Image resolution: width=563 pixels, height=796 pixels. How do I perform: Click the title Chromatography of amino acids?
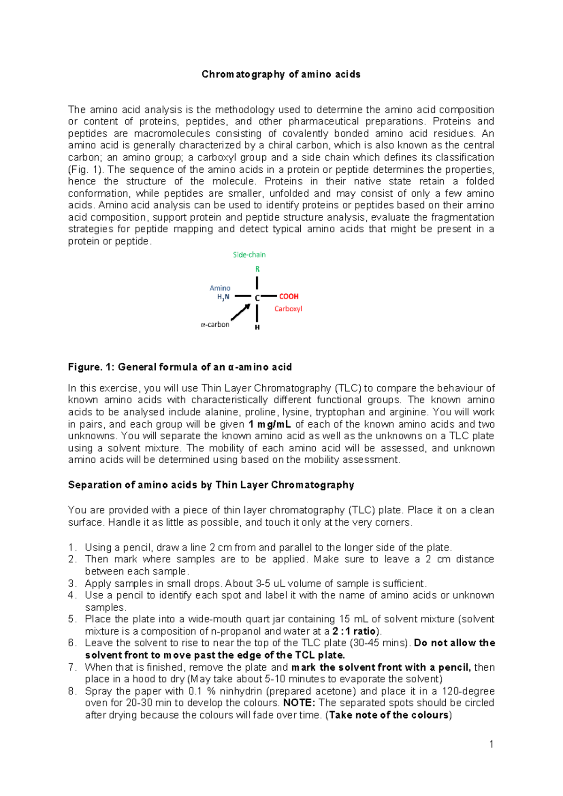(x=281, y=74)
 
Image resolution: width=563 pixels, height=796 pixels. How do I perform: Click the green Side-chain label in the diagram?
(x=249, y=255)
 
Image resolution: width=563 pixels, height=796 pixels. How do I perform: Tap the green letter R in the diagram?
(x=257, y=269)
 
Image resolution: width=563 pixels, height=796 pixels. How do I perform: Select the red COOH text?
(x=289, y=297)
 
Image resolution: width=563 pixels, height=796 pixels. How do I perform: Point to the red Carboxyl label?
(x=288, y=309)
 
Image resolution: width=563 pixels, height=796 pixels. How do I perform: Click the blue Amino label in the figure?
(x=220, y=288)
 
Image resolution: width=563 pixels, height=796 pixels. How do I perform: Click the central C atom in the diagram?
(x=257, y=298)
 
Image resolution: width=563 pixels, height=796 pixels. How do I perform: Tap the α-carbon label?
(x=215, y=324)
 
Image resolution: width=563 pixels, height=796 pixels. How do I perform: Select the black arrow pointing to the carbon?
(x=241, y=312)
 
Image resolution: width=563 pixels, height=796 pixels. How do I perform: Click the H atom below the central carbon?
(x=257, y=327)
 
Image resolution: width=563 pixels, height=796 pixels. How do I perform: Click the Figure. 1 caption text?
(x=180, y=367)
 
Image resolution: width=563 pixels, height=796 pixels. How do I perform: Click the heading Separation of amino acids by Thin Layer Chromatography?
(x=211, y=485)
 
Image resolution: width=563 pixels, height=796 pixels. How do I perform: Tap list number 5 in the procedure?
(x=72, y=619)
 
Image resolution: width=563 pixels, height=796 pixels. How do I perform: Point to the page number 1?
(x=491, y=744)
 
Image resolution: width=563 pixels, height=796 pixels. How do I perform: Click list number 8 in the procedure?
(x=72, y=691)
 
